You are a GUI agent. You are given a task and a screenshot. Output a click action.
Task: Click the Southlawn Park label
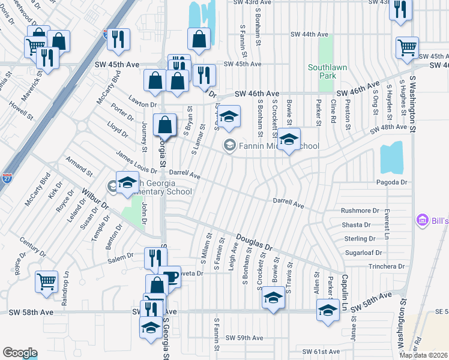327,71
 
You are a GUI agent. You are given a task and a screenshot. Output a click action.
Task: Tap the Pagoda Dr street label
391,182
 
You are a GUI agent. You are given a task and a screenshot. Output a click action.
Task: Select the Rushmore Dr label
360,211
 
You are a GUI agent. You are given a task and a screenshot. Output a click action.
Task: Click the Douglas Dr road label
254,243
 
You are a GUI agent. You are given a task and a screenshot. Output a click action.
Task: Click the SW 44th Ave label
310,35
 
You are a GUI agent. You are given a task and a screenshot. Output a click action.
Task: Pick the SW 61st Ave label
322,352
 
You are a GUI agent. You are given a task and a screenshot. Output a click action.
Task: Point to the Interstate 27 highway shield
107,34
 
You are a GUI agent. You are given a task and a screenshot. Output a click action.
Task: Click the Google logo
20,353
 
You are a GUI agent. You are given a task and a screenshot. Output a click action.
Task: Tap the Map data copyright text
423,355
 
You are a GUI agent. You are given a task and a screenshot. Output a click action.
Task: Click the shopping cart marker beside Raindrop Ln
46,281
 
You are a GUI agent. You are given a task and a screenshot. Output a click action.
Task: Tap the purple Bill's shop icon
422,221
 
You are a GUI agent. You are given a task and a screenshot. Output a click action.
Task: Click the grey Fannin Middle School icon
229,146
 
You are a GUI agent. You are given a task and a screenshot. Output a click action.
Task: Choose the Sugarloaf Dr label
368,253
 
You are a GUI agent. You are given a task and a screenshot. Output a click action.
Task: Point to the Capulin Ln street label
345,284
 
